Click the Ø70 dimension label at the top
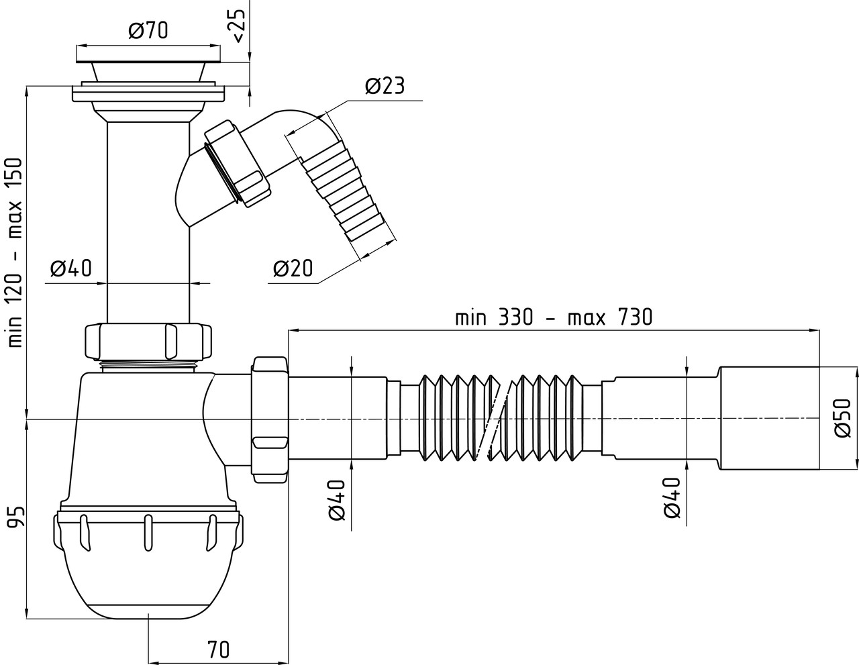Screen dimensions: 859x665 [148, 30]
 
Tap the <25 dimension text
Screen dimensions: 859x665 [239, 26]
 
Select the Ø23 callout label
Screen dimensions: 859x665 [385, 86]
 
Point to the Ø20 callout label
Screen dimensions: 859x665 [293, 268]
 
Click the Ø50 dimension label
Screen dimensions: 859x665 [842, 418]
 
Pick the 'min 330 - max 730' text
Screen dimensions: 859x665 [554, 317]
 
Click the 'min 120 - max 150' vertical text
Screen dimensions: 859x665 [15, 252]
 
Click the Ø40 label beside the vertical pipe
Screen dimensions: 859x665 [70, 268]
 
